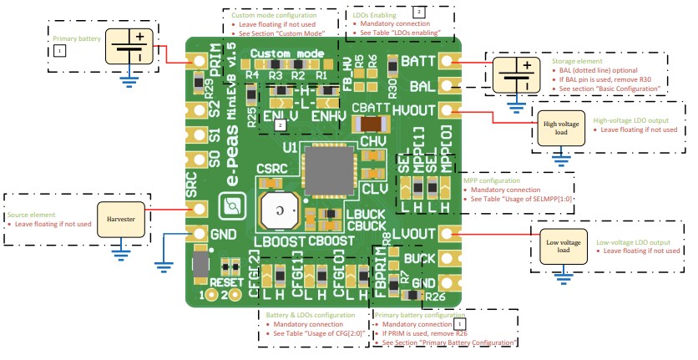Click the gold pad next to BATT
click(x=447, y=62)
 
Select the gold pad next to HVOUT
click(x=447, y=109)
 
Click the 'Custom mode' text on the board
click(x=286, y=54)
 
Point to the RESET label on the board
click(x=227, y=282)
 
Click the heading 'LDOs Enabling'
click(x=381, y=15)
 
